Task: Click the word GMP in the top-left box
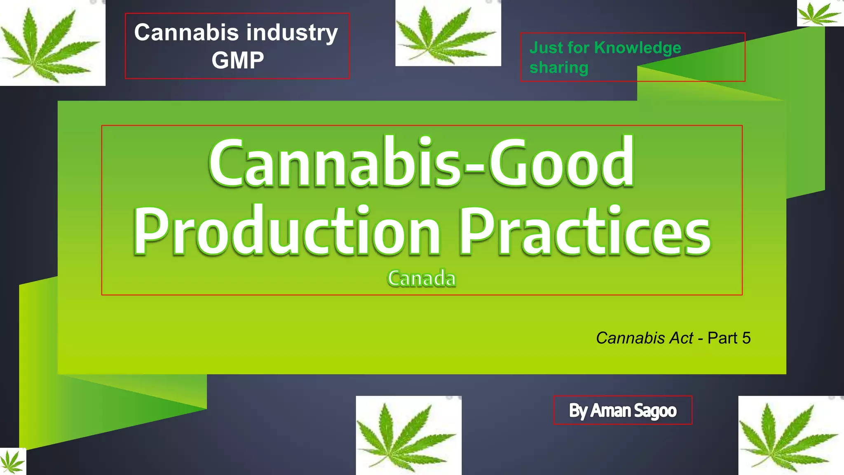[x=238, y=60]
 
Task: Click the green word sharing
[x=559, y=68]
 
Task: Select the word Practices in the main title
[x=585, y=231]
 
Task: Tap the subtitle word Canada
[x=422, y=278]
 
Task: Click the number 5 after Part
[x=746, y=338]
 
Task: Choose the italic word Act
[x=682, y=338]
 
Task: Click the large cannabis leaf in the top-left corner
[x=51, y=44]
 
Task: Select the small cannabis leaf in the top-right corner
[x=820, y=14]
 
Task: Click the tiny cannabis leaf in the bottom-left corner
[x=12, y=462]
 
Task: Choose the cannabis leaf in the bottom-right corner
[x=790, y=435]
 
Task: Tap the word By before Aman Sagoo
[x=578, y=411]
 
